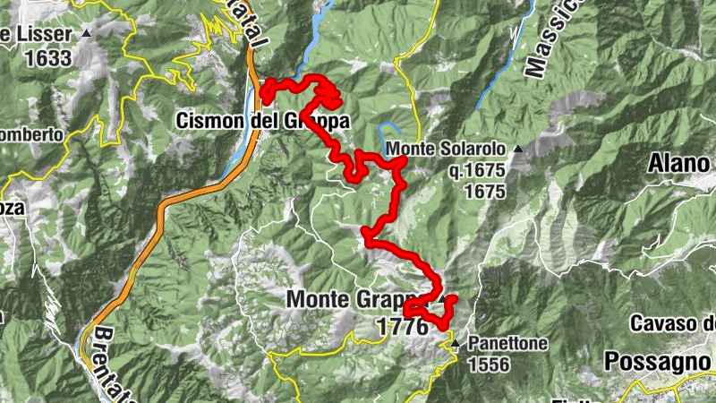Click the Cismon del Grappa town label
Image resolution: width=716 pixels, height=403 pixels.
coord(251,119)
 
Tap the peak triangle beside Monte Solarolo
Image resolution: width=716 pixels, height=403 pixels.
coord(518,145)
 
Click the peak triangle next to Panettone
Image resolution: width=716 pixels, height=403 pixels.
coord(456,344)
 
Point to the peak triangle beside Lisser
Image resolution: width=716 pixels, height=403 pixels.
coord(87,34)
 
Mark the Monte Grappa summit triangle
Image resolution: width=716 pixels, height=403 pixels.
coord(440,299)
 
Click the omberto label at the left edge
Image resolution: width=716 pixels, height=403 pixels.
coord(31,134)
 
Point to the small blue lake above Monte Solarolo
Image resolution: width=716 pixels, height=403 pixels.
coord(389,126)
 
